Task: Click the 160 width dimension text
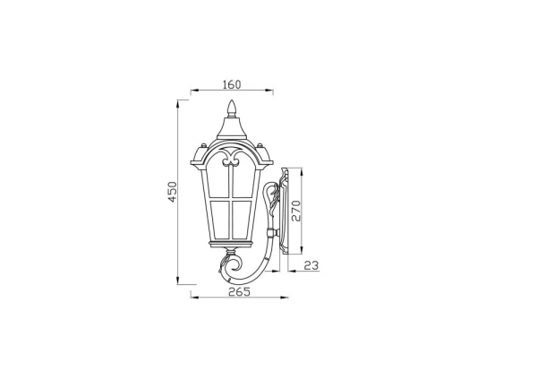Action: tap(232, 85)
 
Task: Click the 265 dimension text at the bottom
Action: tap(238, 292)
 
